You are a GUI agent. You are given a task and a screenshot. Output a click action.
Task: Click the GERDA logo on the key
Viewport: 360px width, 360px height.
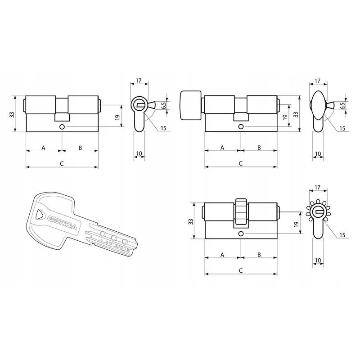tap(63, 223)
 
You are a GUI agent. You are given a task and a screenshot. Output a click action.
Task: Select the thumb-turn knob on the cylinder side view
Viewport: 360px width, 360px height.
tap(191, 105)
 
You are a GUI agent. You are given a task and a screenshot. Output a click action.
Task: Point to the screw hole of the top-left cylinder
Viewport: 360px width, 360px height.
tap(62, 127)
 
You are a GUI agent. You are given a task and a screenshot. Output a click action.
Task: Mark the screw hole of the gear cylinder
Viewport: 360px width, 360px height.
tap(241, 234)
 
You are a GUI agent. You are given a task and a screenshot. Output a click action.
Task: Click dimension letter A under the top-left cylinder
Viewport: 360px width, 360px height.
tap(43, 148)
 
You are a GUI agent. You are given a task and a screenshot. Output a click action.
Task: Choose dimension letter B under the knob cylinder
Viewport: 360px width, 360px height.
tap(259, 148)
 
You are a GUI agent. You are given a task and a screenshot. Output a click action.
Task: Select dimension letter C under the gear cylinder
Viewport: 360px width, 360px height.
tap(241, 270)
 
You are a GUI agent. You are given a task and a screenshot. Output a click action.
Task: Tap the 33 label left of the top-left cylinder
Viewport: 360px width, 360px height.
tap(12, 114)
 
